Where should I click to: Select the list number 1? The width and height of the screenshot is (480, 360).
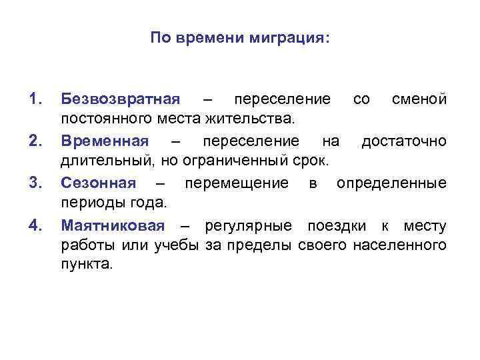[35, 100]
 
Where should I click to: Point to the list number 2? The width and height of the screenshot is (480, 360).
[35, 141]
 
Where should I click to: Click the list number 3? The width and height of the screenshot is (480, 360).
[35, 183]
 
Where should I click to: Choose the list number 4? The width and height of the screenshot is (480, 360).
[35, 224]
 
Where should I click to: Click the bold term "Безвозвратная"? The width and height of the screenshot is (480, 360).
[120, 100]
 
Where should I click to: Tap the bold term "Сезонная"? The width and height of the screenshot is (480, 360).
[98, 183]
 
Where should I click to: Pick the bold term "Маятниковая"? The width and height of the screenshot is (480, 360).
[112, 224]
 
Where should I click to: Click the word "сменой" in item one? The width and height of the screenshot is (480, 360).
[419, 100]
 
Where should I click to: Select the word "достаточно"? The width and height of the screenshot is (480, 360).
[404, 141]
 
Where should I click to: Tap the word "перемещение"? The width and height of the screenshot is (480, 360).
[237, 183]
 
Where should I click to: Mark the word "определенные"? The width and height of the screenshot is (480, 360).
[391, 183]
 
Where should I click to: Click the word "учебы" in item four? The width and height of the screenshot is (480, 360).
[177, 245]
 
